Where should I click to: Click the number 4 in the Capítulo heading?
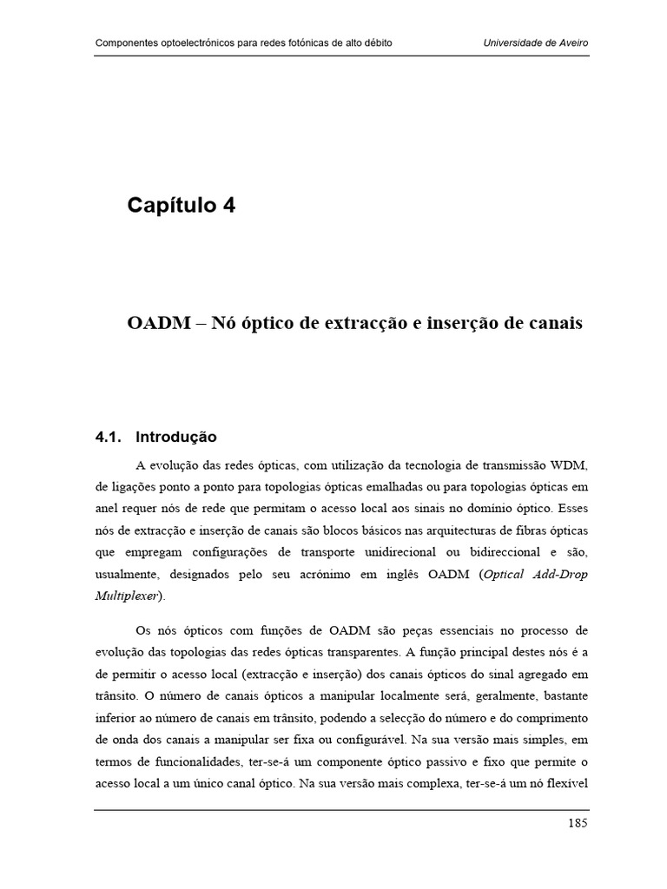coord(227,206)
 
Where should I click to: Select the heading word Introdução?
coord(176,437)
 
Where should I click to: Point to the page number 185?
coord(578,823)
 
